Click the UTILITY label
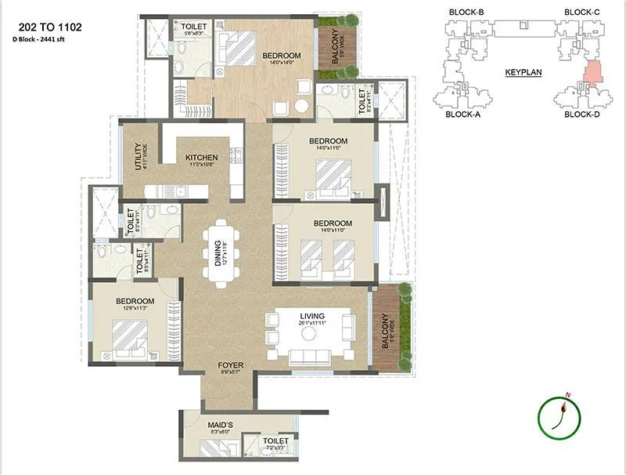[x=139, y=158]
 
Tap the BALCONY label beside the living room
[x=384, y=329]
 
